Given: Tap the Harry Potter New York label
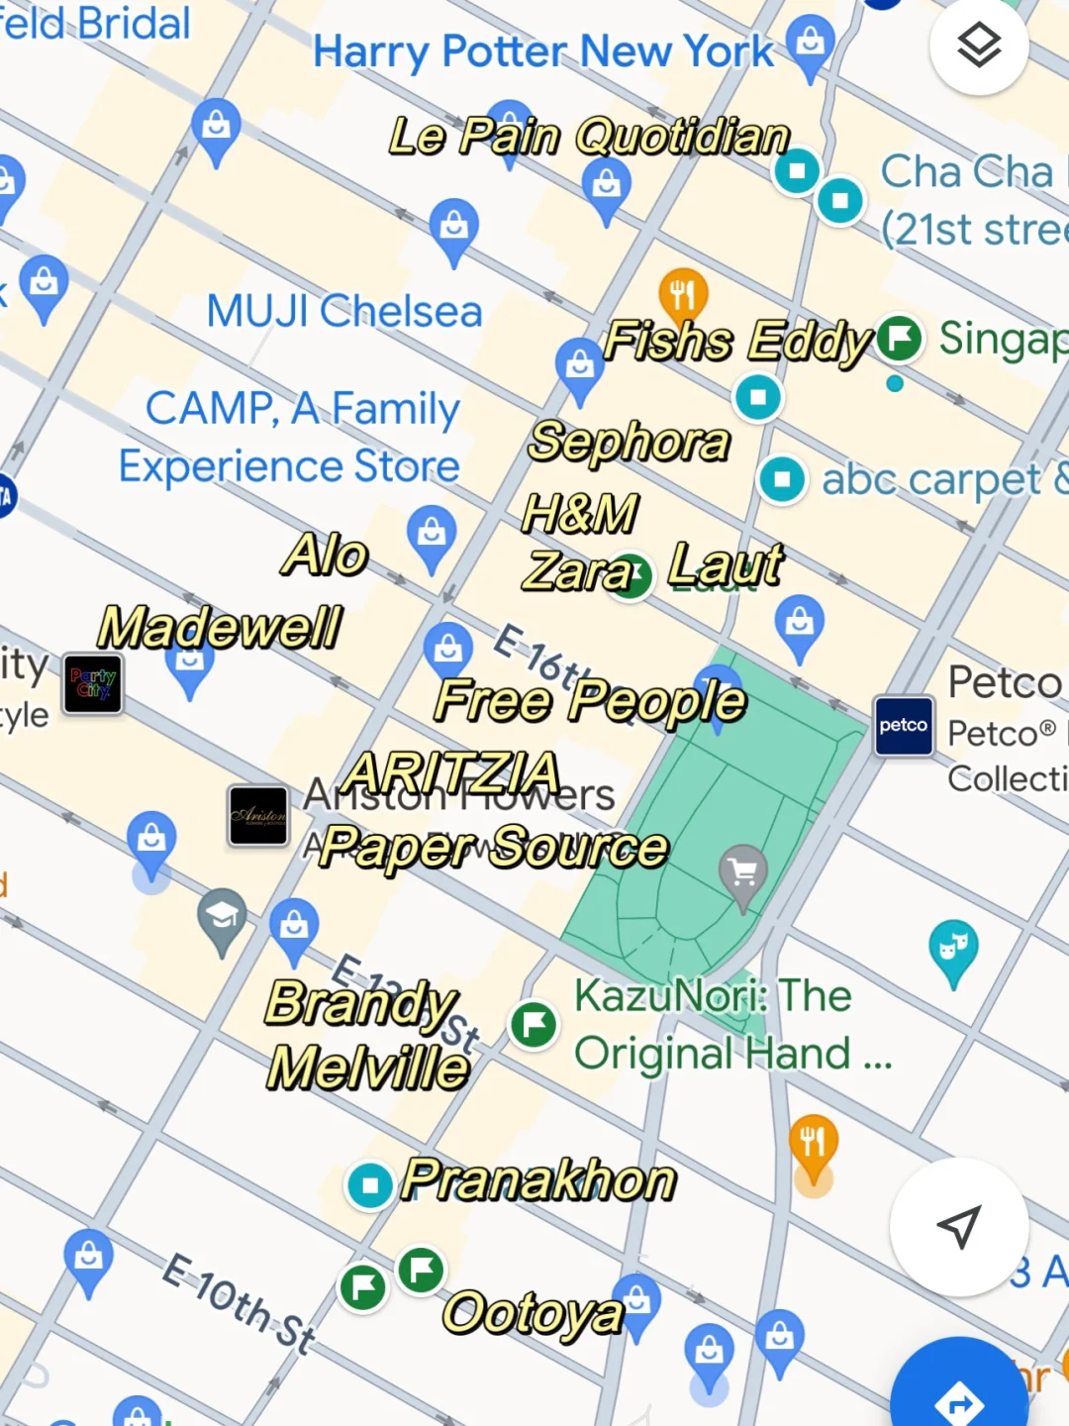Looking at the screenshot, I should (x=542, y=51).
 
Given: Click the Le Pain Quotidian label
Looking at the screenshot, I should (x=589, y=137).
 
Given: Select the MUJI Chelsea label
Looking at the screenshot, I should (x=343, y=312).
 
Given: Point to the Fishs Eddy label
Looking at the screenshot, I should (x=737, y=342).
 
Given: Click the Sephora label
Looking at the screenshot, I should (x=630, y=442).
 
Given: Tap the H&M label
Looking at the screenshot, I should (x=580, y=514).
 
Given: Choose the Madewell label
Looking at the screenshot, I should (x=220, y=628).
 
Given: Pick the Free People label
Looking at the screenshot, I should (x=590, y=701).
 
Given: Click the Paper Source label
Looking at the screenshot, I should (x=494, y=848).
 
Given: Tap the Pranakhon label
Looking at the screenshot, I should (x=538, y=1180).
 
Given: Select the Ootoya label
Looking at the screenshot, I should (x=533, y=1314).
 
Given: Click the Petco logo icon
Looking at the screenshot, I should (x=904, y=726).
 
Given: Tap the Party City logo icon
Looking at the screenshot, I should (x=93, y=683).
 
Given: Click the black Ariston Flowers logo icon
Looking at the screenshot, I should (x=258, y=816).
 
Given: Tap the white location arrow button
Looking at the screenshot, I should (x=958, y=1227).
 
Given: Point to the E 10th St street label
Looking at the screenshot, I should (x=239, y=1302).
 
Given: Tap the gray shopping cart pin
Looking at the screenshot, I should (x=743, y=873).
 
